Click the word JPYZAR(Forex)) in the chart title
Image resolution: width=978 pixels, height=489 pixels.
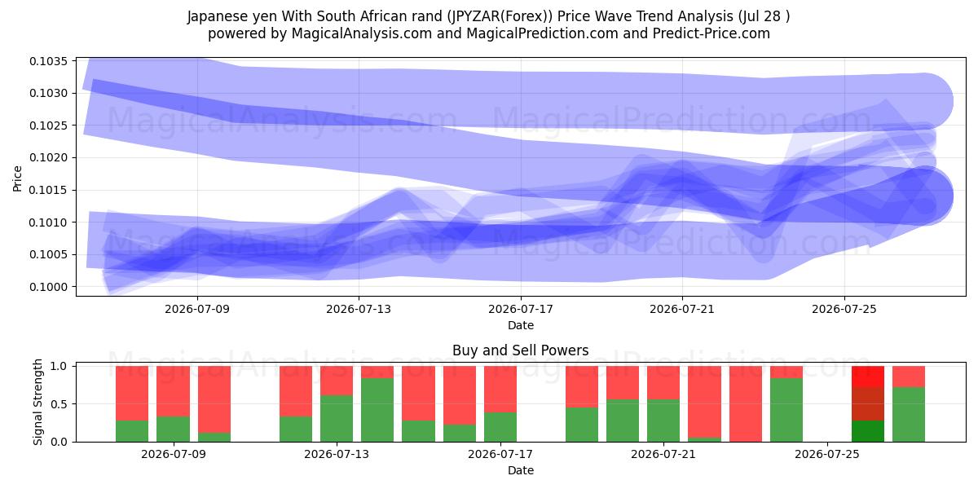[x=500, y=16]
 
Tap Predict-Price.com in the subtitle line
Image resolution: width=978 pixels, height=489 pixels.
[x=711, y=33]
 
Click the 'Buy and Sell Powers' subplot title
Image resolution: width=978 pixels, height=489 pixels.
[x=521, y=350]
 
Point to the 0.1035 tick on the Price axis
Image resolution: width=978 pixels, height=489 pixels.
[x=48, y=61]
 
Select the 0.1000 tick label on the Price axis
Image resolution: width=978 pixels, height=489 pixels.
[x=48, y=287]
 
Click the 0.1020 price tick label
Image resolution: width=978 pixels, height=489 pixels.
[x=48, y=157]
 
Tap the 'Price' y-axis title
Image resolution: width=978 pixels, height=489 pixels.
[x=17, y=178]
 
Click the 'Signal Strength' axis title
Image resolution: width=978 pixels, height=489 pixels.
[x=38, y=402]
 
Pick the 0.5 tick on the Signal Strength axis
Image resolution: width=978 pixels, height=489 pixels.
[x=59, y=404]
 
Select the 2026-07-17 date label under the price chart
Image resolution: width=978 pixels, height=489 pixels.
[x=521, y=309]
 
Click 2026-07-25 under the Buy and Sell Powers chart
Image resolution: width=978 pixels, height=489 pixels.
[x=827, y=455]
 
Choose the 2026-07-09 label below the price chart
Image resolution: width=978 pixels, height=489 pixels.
[x=197, y=309]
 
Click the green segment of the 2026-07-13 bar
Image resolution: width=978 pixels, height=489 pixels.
[x=337, y=418]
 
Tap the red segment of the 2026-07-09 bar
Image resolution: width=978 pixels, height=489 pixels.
[x=173, y=391]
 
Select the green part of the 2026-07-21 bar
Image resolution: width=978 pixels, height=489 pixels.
[x=663, y=421]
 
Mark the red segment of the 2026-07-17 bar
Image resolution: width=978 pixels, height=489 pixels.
[x=500, y=389]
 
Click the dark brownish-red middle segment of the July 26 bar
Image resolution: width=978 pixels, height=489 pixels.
[x=868, y=404]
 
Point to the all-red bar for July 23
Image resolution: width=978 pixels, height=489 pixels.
[x=745, y=404]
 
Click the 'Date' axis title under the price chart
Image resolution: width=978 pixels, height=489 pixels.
[x=521, y=325]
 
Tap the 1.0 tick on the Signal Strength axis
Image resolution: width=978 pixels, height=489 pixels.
[x=59, y=366]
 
